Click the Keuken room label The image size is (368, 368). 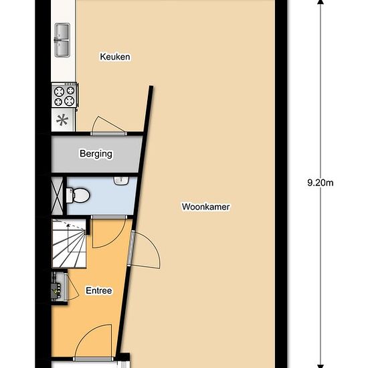pos(115,57)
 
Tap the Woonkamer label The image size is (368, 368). pos(205,207)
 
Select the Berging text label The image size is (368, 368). pos(96,154)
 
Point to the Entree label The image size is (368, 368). pos(99,290)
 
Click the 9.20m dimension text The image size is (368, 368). pos(320,183)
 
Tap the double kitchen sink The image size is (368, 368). pos(62,40)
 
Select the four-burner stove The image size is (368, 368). pos(64,95)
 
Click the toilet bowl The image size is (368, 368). pos(78,195)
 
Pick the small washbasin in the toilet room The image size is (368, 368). pos(121,180)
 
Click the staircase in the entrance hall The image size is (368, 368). pos(69,244)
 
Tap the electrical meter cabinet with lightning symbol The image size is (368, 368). pos(57,287)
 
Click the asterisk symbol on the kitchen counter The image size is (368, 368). pos(62,120)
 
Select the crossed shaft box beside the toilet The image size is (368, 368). pos(58,195)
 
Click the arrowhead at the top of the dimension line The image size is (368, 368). pos(320,2)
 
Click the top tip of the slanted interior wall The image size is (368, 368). pos(151,86)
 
